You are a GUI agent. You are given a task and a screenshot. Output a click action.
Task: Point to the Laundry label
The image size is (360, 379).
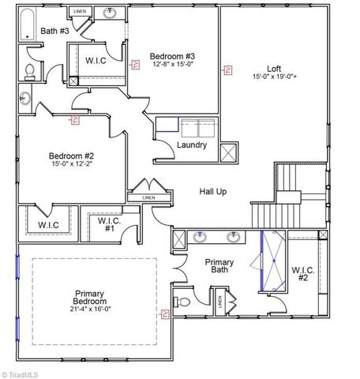click(192, 145)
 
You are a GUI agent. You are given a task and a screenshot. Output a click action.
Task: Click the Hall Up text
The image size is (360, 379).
click(216, 193)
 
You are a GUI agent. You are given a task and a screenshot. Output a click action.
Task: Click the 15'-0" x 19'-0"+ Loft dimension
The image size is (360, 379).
click(274, 77)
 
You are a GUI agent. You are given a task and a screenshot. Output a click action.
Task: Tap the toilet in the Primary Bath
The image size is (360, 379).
click(182, 302)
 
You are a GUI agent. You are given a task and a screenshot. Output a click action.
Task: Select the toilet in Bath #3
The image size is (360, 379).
click(30, 72)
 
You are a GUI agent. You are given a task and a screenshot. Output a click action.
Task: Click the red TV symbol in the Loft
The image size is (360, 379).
click(227, 69)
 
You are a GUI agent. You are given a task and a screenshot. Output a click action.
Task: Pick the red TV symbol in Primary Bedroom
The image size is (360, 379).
click(164, 314)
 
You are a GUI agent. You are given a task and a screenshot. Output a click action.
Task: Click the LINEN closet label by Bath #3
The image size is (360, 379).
click(80, 12)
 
